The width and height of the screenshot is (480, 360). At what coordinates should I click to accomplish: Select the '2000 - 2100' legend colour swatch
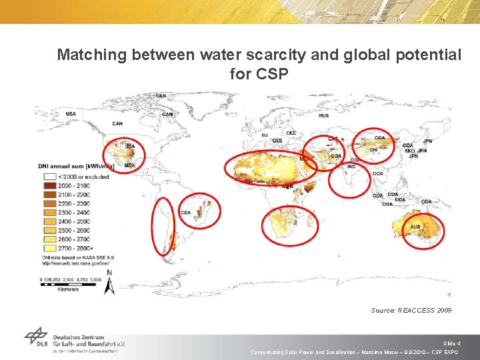[x=47, y=186]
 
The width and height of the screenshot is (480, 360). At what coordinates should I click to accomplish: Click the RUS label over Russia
[x=324, y=115]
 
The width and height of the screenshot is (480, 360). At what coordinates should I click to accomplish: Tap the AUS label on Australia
[x=415, y=227]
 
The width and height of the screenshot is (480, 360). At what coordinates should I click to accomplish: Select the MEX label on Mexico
[x=129, y=165]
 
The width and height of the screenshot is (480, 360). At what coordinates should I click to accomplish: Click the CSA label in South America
[x=185, y=213]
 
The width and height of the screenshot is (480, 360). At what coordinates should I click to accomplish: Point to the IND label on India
[x=351, y=167]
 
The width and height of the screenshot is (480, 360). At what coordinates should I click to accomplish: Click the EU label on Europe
[x=265, y=136]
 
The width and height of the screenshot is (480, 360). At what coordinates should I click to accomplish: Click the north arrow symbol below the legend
[x=111, y=283]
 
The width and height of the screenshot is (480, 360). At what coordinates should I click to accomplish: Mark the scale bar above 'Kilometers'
[x=71, y=284]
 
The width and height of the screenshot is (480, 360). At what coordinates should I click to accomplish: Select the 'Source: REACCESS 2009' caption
[x=411, y=311]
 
